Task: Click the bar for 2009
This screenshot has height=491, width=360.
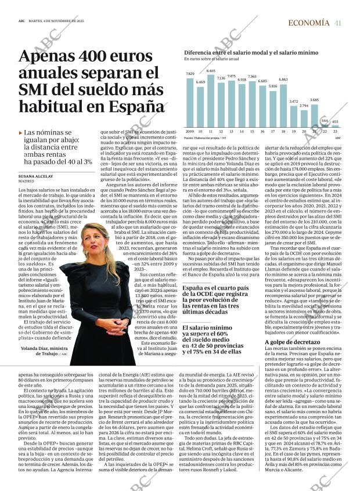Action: pos(190,102)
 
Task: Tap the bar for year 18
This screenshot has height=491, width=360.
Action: pos(283,104)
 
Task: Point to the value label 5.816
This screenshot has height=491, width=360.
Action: pos(272,86)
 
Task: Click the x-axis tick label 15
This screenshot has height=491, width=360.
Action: pos(252,132)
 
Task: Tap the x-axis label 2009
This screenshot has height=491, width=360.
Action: pos(190,132)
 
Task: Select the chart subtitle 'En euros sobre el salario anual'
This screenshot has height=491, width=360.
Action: pos(211,59)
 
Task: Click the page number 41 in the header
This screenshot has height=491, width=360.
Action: pos(337,23)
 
